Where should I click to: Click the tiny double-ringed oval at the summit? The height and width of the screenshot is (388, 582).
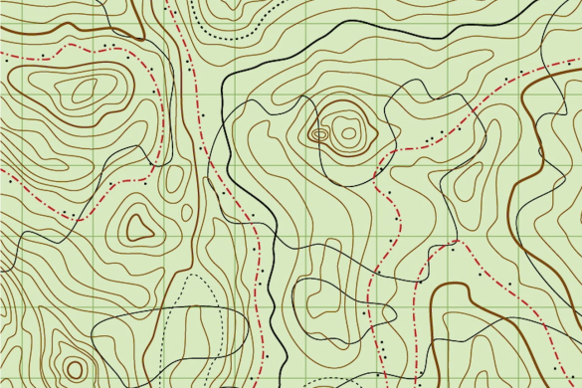point(319,133)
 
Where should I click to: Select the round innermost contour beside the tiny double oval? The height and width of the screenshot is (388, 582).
point(347,130)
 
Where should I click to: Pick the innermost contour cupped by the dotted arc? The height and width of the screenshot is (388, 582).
point(239,6)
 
